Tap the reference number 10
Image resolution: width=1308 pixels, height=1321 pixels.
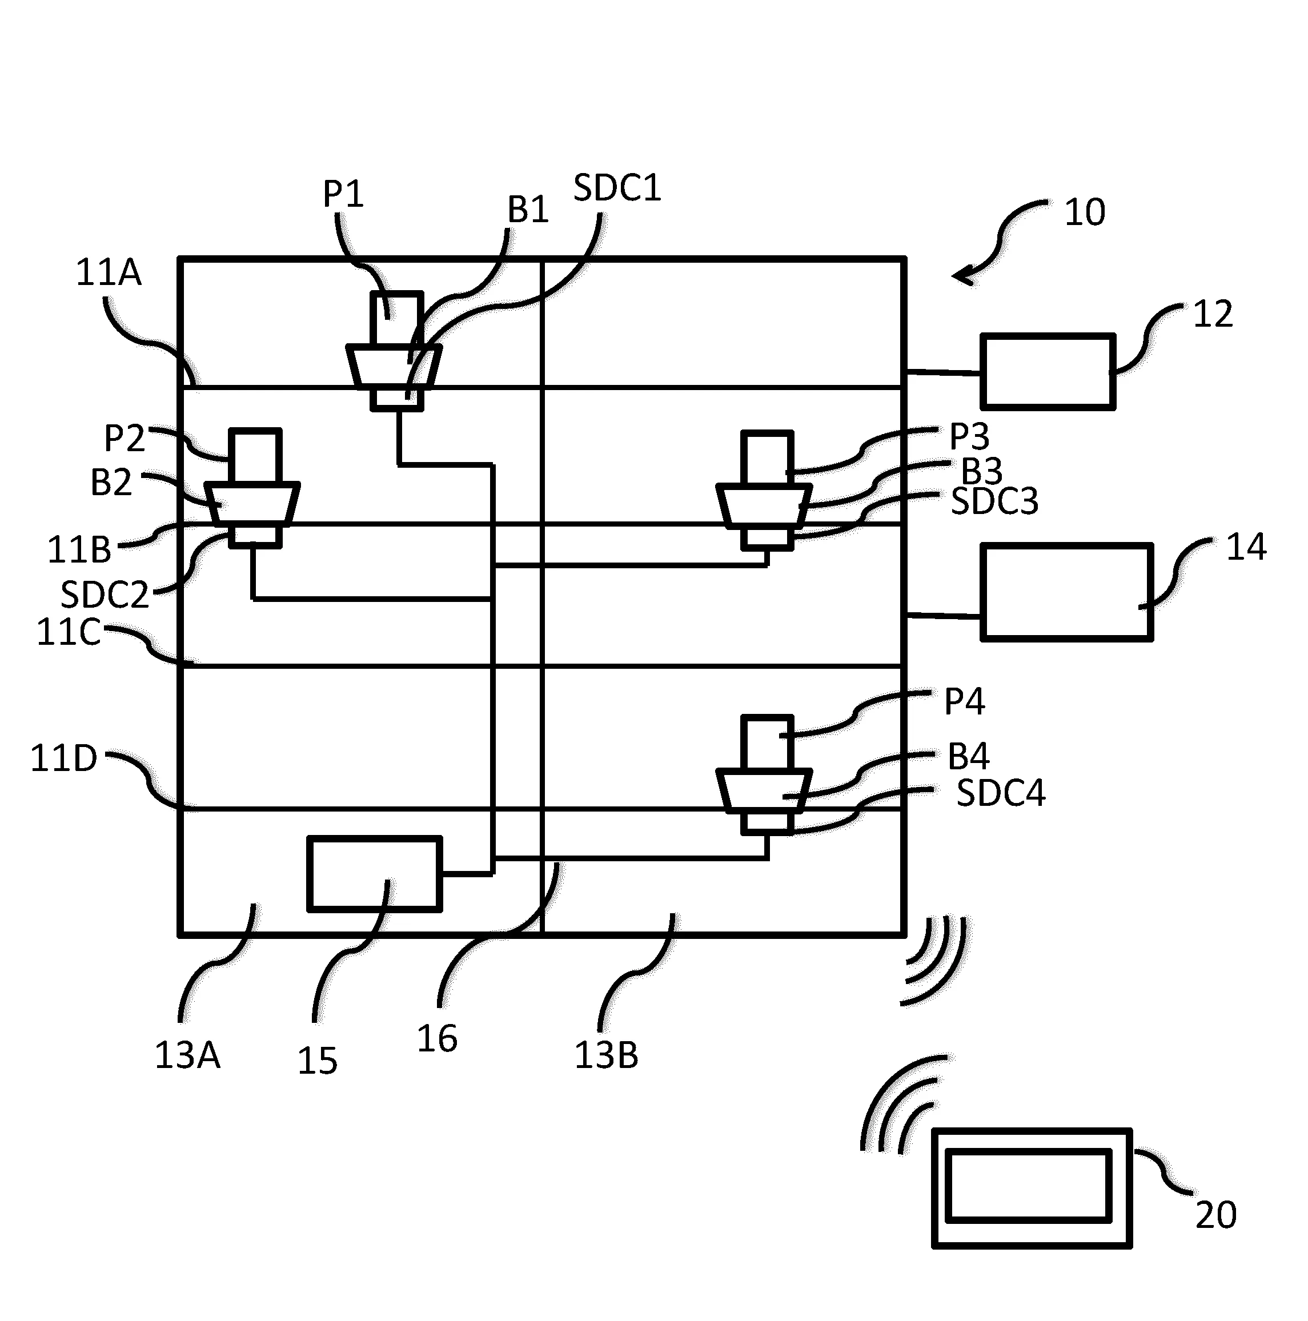pos(1085,212)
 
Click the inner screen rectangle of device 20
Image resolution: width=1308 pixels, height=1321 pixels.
pos(1028,1186)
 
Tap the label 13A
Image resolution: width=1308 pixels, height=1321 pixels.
pos(187,1055)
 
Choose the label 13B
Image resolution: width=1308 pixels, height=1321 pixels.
pos(606,1055)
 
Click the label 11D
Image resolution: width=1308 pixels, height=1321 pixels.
pos(63,759)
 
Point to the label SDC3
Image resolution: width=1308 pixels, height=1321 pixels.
pos(994,502)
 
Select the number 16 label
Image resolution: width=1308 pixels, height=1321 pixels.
pos(437,1039)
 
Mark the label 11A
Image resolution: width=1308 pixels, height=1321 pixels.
pos(108,273)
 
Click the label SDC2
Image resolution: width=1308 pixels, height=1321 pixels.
pos(105,595)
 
